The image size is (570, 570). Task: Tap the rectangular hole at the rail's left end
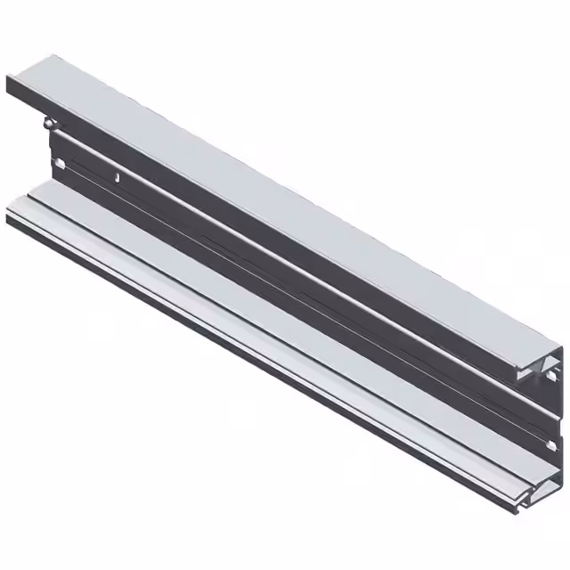click(59, 163)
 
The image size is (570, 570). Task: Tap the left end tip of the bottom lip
click(9, 215)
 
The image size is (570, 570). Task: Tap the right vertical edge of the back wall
click(562, 410)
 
